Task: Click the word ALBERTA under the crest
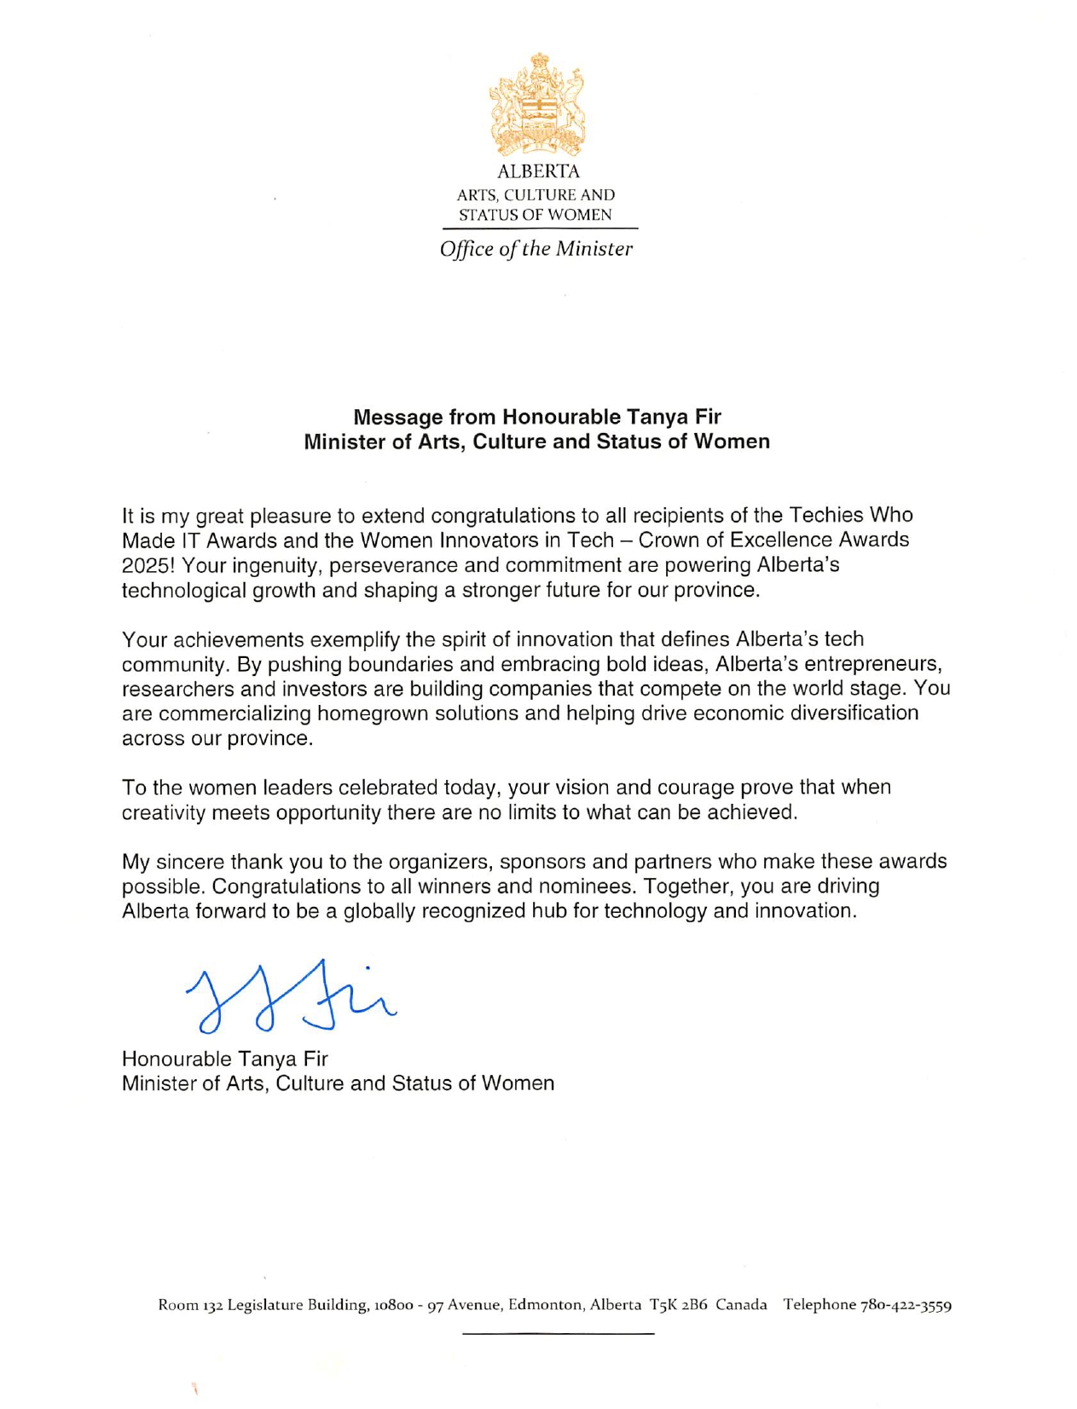pyautogui.click(x=538, y=171)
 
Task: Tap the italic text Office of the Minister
pyautogui.click(x=536, y=249)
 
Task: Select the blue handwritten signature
pyautogui.click(x=290, y=996)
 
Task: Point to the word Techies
pyautogui.click(x=825, y=515)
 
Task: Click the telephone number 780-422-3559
pyautogui.click(x=906, y=1304)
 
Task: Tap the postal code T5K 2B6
pyautogui.click(x=678, y=1304)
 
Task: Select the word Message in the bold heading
pyautogui.click(x=398, y=417)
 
